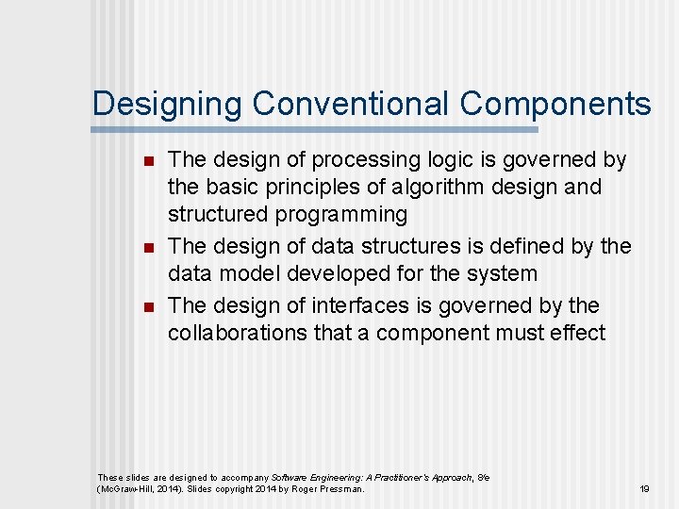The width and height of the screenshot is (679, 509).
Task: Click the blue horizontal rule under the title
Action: pyautogui.click(x=315, y=129)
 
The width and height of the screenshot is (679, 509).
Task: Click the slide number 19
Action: pyautogui.click(x=645, y=489)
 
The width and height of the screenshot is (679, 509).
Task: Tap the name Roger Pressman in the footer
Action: pyautogui.click(x=330, y=489)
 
